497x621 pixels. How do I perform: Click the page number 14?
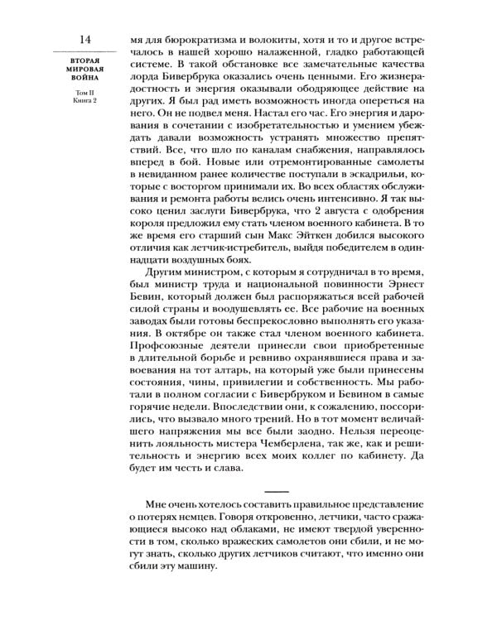click(86, 39)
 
